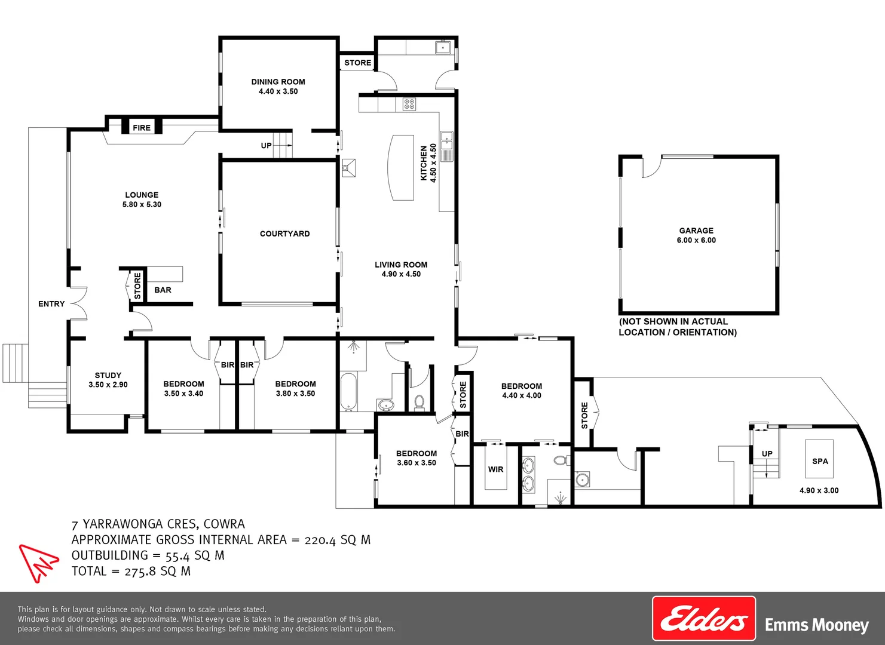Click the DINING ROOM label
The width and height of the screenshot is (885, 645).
tap(278, 82)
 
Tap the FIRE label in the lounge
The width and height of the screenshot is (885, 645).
tap(142, 128)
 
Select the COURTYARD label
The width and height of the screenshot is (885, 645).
tap(284, 234)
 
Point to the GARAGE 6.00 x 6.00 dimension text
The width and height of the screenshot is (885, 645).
tap(696, 240)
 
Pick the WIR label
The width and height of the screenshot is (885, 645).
tap(495, 469)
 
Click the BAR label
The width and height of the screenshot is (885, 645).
tap(163, 290)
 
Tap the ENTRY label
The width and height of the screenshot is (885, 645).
tap(51, 304)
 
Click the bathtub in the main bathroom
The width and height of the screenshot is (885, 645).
tap(348, 392)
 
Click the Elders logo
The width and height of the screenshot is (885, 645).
tap(703, 619)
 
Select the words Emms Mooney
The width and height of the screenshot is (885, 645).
tap(816, 625)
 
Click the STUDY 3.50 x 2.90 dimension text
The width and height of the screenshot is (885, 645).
tap(108, 385)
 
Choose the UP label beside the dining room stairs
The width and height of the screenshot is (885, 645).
tap(266, 146)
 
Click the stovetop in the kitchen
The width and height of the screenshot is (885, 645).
tap(409, 105)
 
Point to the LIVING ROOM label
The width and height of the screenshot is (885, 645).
tap(401, 265)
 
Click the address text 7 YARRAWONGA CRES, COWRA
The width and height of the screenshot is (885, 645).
tap(158, 524)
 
